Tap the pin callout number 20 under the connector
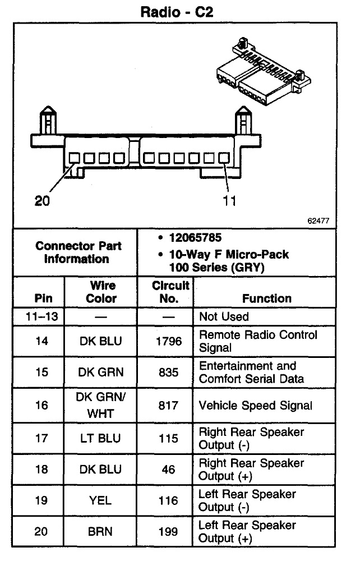point(43,201)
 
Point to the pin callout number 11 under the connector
point(229,201)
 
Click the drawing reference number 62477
point(318,221)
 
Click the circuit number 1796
point(168,341)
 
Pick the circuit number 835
point(168,372)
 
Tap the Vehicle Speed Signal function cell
point(256,405)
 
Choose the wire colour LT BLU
point(101,438)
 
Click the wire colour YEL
point(101,500)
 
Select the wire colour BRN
point(101,531)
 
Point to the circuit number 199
point(168,531)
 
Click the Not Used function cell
point(224,316)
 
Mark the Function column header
point(266,298)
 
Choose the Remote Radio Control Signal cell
point(258,341)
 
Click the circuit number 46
point(168,470)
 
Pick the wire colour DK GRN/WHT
point(101,405)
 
